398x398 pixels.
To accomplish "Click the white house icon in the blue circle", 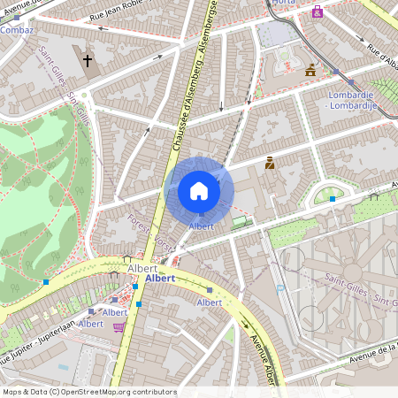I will tap(199, 190).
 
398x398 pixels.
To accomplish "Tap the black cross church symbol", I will tap(88, 60).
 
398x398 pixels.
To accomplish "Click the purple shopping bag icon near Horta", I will tap(318, 11).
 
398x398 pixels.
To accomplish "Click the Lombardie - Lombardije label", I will tap(352, 100).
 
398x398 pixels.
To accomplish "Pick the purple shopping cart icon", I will tap(119, 327).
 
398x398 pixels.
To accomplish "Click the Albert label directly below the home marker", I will tap(202, 227).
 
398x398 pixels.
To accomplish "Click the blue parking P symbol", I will tap(280, 288).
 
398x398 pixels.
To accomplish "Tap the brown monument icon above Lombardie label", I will tap(310, 70).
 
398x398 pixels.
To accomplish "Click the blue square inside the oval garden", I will tap(332, 199).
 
